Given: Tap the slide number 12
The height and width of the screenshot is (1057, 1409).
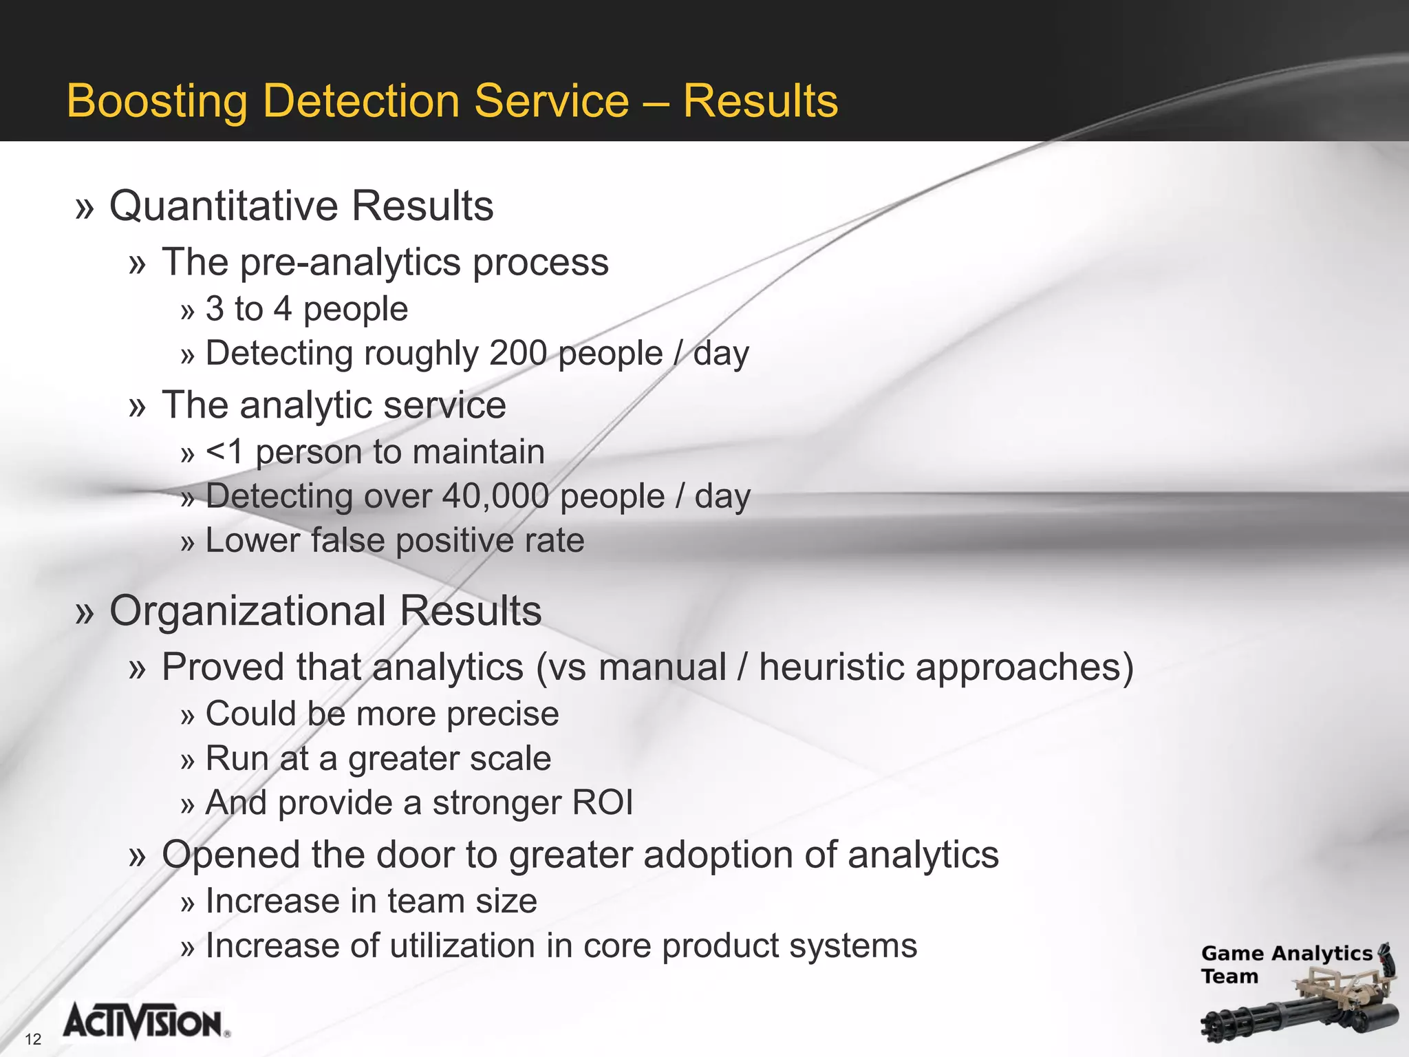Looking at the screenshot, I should click(x=33, y=1039).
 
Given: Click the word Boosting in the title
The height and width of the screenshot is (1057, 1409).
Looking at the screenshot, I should click(x=157, y=101).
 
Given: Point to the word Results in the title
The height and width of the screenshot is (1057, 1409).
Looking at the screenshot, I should click(x=760, y=101).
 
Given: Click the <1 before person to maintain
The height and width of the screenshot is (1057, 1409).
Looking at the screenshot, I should click(x=224, y=452).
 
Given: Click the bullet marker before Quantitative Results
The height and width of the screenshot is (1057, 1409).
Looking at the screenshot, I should click(x=84, y=207).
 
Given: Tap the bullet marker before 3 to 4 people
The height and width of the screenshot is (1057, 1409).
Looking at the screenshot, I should click(x=188, y=311).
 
